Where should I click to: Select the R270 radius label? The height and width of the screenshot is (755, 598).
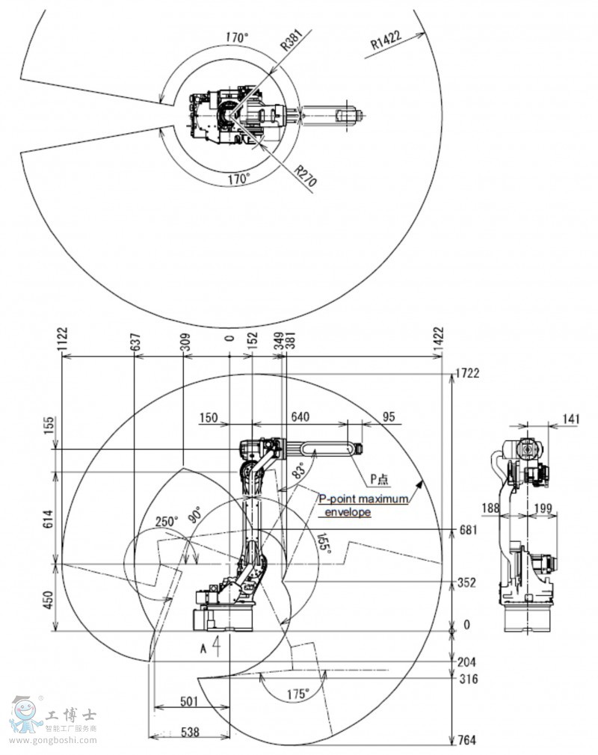303,178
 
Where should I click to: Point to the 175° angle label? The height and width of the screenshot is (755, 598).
298,694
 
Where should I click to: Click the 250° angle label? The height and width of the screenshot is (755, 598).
167,521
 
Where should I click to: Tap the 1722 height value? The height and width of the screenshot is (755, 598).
466,372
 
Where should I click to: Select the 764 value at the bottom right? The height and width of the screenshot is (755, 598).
466,740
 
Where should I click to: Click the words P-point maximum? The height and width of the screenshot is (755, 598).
364,499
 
